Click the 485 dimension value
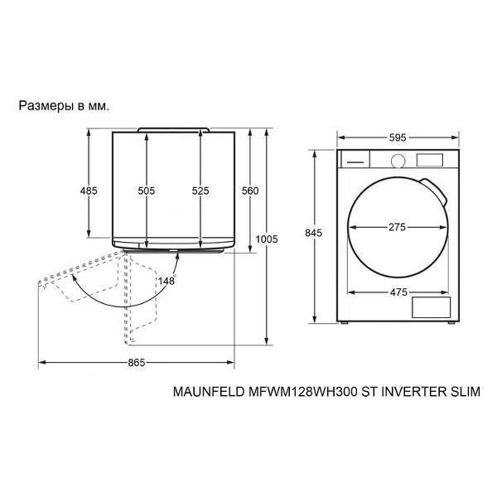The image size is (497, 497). pyautogui.click(x=89, y=191)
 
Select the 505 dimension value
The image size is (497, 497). pyautogui.click(x=147, y=191)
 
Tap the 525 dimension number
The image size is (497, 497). pyautogui.click(x=200, y=191)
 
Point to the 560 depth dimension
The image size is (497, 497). pyautogui.click(x=250, y=191)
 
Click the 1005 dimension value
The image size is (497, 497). pyautogui.click(x=267, y=239)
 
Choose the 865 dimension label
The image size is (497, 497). pyautogui.click(x=137, y=363)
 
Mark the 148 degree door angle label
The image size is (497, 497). pyautogui.click(x=166, y=281)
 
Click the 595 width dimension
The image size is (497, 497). pyautogui.click(x=398, y=138)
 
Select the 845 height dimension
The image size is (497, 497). pyautogui.click(x=313, y=233)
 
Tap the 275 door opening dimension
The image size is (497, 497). pyautogui.click(x=397, y=227)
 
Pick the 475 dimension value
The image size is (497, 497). pyautogui.click(x=398, y=292)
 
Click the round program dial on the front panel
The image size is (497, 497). pyautogui.click(x=398, y=161)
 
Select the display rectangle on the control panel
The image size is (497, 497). pyautogui.click(x=429, y=160)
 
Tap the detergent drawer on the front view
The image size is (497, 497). pyautogui.click(x=355, y=159)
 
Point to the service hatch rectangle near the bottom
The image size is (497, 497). pyautogui.click(x=431, y=307)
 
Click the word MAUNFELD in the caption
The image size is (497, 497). pyautogui.click(x=209, y=392)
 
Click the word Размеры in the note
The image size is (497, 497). pyautogui.click(x=46, y=106)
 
